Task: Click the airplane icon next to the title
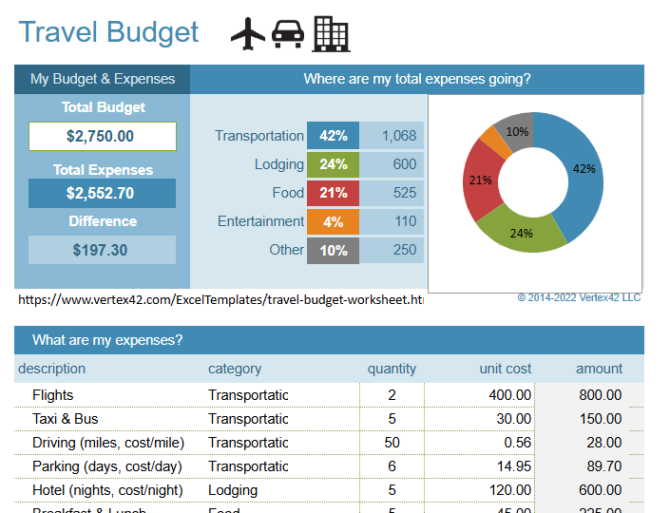248,34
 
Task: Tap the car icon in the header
288,35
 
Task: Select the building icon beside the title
331,34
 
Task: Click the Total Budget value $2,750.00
103,136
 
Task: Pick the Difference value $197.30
103,250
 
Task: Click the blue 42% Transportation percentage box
333,136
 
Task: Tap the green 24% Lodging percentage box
333,164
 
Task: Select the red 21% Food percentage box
333,193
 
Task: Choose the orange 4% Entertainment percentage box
333,221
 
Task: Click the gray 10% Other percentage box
333,250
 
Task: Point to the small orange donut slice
494,142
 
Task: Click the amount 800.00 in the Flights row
600,395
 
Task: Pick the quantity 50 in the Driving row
392,443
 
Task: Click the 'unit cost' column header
505,369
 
